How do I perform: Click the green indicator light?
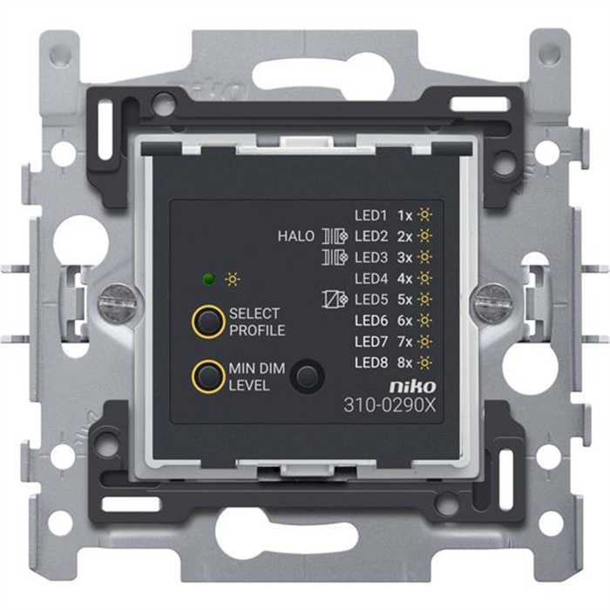click(x=209, y=279)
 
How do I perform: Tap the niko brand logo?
click(x=413, y=386)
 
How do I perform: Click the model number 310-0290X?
click(x=390, y=405)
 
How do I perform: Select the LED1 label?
click(x=370, y=215)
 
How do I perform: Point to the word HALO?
click(x=296, y=236)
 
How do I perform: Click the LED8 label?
click(x=371, y=363)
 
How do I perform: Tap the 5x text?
click(x=404, y=300)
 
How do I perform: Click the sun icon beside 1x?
click(x=424, y=214)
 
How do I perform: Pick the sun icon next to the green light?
click(x=233, y=279)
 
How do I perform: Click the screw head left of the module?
click(x=117, y=300)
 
